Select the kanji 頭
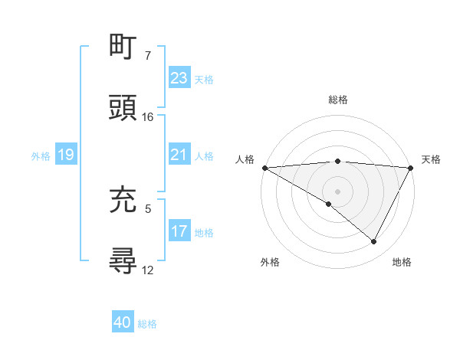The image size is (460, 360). pos(123,108)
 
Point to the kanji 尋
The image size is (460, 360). pos(123,261)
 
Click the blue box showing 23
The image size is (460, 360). pos(179,78)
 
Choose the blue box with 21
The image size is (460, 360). pos(179,155)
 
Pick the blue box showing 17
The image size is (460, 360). pos(179,231)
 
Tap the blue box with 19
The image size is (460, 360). pos(65,155)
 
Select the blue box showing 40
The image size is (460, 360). pos(123,322)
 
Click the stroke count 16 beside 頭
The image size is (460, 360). pos(148,117)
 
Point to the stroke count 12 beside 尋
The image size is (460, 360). pos(148,270)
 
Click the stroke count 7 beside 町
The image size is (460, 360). pos(148,56)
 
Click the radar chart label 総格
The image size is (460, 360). pos(337,100)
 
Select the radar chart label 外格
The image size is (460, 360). pos(270,262)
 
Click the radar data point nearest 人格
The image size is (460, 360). pos(264,168)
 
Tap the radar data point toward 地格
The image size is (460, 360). pos(374,242)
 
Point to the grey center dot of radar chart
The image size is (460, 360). pos(337,191)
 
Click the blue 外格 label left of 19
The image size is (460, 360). pos(41,155)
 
